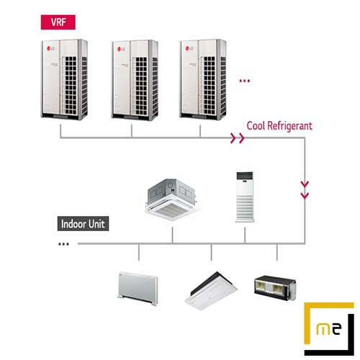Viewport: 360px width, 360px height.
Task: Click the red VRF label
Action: coord(58,22)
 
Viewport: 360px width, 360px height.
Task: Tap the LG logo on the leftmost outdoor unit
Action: coord(50,49)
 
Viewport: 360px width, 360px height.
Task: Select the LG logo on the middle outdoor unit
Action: coord(121,49)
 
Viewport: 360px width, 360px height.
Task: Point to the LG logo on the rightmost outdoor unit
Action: coord(189,48)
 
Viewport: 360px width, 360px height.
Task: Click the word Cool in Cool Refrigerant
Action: coord(256,126)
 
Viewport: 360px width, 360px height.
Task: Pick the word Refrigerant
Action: coord(289,127)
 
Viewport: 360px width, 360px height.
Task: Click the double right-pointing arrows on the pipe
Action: coord(237,138)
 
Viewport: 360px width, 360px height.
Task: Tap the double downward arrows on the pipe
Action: coord(305,190)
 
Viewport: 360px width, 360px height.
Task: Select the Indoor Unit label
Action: coord(83,224)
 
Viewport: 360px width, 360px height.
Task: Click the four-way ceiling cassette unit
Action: coord(172,199)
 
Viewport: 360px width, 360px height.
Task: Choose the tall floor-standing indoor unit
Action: coord(245,197)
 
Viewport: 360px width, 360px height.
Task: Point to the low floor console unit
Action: coord(138,288)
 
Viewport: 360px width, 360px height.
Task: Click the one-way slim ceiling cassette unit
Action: coord(211,291)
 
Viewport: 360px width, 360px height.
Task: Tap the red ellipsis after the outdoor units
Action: coord(245,81)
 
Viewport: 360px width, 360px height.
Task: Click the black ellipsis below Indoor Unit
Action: coord(63,244)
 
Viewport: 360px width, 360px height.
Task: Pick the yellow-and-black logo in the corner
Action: coord(329,329)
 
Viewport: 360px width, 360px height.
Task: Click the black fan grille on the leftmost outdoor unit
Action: coord(71,85)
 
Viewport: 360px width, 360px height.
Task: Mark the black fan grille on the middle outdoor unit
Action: coord(141,86)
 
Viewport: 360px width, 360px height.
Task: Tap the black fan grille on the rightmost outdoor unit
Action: coord(210,85)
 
